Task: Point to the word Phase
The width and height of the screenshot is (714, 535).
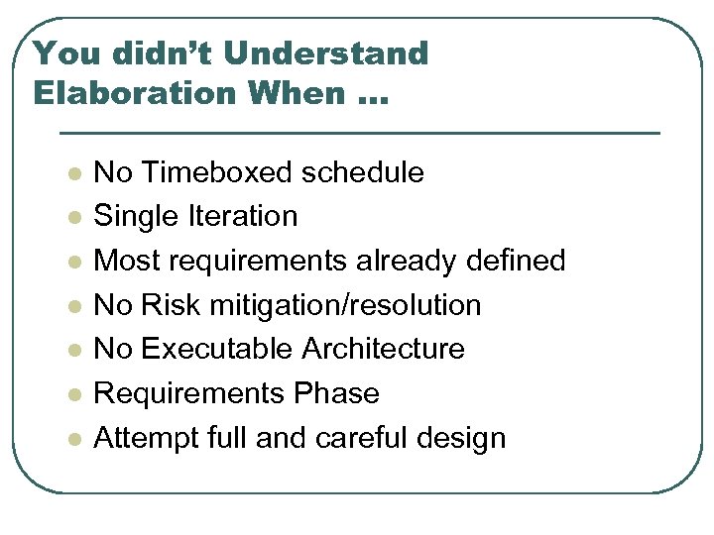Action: pos(336,393)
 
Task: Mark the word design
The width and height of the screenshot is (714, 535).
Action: pos(465,438)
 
